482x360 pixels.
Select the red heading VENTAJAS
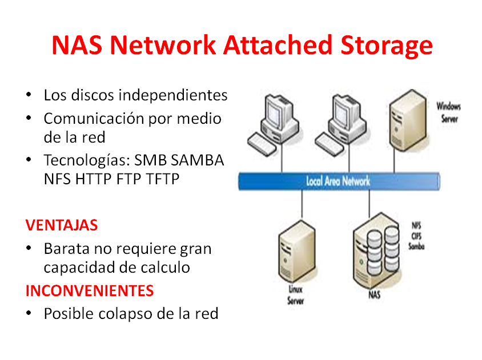(62, 225)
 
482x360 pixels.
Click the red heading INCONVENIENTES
(90, 290)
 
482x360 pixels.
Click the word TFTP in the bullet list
(163, 179)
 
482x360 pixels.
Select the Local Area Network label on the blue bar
(338, 181)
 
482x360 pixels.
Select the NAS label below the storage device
(374, 295)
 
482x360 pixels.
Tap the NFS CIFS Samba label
(415, 236)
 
